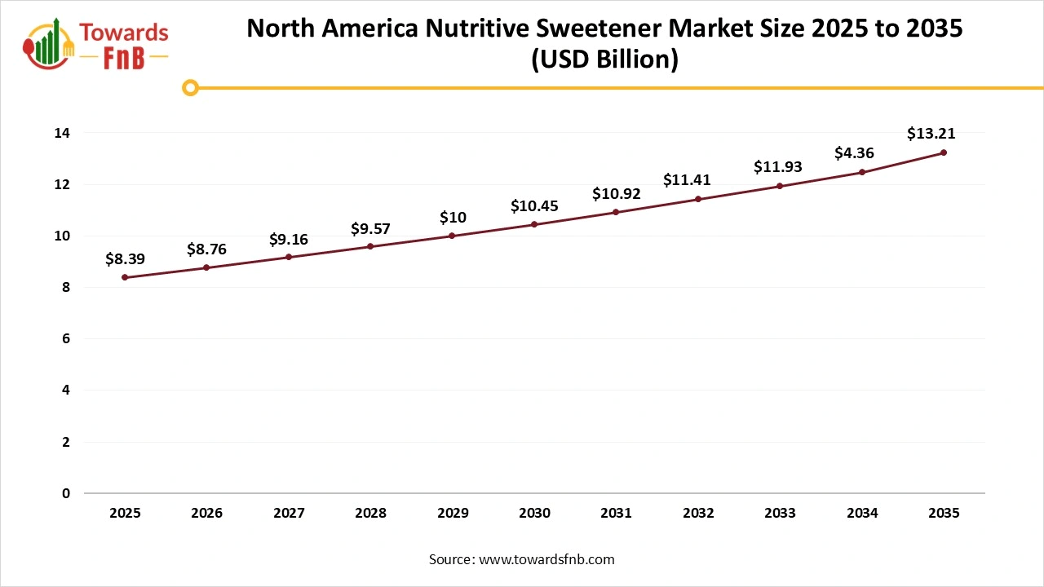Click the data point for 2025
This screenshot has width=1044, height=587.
pos(125,277)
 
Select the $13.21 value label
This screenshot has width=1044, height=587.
pos(931,134)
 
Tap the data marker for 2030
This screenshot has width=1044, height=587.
pos(534,224)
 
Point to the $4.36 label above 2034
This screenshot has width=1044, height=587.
pos(854,152)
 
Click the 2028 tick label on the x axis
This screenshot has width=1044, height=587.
pos(370,513)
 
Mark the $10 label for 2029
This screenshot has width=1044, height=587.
pos(453,217)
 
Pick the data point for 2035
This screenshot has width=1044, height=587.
pos(944,152)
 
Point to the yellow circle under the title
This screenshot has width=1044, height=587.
pos(190,87)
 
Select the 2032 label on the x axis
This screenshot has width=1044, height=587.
pos(698,513)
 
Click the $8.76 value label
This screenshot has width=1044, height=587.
pos(206,249)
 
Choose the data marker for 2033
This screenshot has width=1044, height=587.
pos(780,186)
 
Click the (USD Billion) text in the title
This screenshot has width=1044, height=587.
pos(604,60)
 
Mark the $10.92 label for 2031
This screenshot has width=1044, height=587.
pos(616,194)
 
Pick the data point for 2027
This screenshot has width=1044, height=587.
pos(289,257)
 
